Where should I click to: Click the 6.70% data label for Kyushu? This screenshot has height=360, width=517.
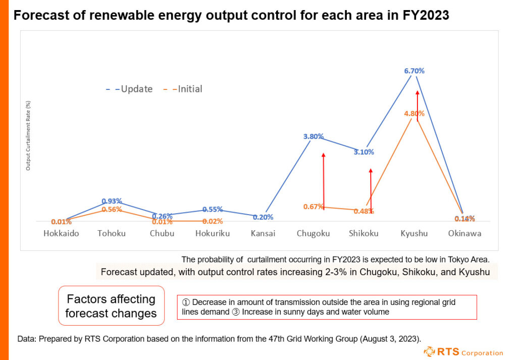point(414,71)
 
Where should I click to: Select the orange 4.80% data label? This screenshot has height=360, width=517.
point(414,114)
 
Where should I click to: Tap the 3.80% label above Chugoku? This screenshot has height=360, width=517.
point(314,136)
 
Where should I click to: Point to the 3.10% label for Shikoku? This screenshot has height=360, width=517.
point(364,151)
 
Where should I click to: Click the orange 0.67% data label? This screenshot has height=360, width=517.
point(314,206)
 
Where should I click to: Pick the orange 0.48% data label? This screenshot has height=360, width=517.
point(364,211)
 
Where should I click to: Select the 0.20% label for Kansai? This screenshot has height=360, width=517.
point(263,217)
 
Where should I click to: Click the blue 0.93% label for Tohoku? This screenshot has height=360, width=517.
point(112,201)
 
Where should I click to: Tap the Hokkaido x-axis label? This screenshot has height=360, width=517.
point(61,234)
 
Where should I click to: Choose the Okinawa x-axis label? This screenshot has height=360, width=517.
point(464,234)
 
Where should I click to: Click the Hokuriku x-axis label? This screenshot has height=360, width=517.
point(212,234)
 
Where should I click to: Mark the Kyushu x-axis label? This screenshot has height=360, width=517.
point(414,234)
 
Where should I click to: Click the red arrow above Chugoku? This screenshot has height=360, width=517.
point(323,179)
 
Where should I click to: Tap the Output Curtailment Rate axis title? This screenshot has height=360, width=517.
point(28,135)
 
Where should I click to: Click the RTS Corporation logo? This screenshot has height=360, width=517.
point(463,351)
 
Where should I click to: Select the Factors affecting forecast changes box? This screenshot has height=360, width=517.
point(112,306)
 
